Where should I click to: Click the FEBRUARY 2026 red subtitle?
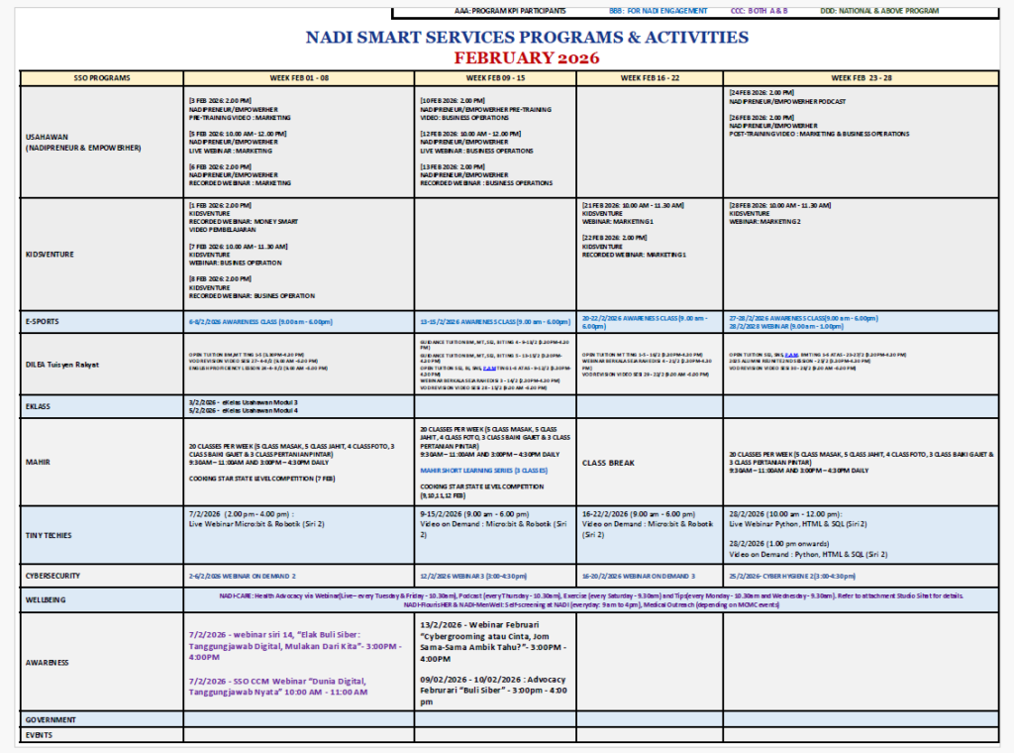(x=527, y=57)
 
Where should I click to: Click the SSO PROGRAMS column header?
(x=101, y=78)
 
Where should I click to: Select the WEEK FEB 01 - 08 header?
(x=298, y=78)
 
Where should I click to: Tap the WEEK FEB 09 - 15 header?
(x=495, y=78)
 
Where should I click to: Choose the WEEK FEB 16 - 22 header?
(x=650, y=78)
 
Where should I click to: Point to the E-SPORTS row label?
(x=46, y=322)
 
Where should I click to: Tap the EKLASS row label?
(x=40, y=406)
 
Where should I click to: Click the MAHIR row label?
(x=39, y=462)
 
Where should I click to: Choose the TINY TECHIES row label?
(x=50, y=535)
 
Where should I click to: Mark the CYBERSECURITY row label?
(x=55, y=576)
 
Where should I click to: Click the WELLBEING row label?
(x=47, y=599)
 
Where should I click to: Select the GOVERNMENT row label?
(x=51, y=719)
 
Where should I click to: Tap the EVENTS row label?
(x=39, y=735)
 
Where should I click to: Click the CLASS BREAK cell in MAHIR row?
(x=610, y=462)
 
